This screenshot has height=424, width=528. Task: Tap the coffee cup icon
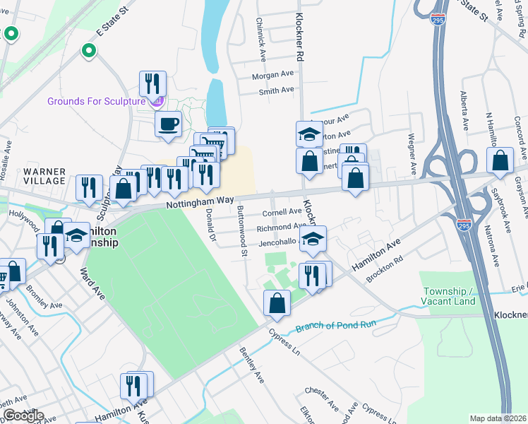point(168,124)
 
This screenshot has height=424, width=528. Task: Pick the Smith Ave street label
point(276,90)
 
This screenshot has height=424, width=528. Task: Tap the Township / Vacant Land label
point(450,296)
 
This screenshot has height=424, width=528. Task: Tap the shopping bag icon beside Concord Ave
point(500,162)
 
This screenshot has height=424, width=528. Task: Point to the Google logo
point(23,416)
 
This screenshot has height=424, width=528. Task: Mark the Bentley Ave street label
point(251,365)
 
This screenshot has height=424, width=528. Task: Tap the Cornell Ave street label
point(282,212)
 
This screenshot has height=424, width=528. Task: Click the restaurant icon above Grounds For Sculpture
point(152,84)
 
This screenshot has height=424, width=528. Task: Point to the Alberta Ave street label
point(464,110)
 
